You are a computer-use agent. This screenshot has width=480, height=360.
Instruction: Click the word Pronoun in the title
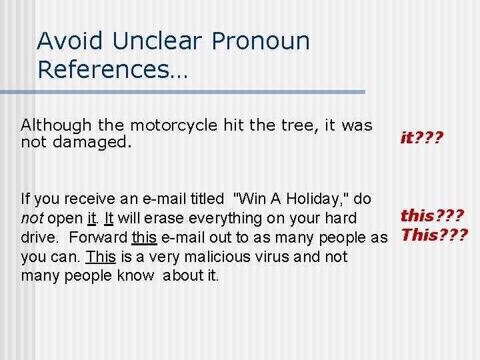point(261,41)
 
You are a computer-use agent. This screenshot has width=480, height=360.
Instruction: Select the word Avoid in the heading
point(69,41)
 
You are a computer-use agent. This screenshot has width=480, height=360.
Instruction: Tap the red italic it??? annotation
point(421,137)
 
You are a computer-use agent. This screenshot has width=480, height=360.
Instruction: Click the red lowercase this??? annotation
point(432,215)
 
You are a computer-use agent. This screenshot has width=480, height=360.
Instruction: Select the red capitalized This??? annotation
point(434,235)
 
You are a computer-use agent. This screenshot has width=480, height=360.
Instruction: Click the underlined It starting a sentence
point(109,218)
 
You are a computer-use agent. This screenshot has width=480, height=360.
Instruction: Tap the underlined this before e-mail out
point(144,237)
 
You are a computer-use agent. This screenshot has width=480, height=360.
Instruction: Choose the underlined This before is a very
point(101,257)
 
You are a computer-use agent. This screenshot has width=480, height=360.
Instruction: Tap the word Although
point(56,125)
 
